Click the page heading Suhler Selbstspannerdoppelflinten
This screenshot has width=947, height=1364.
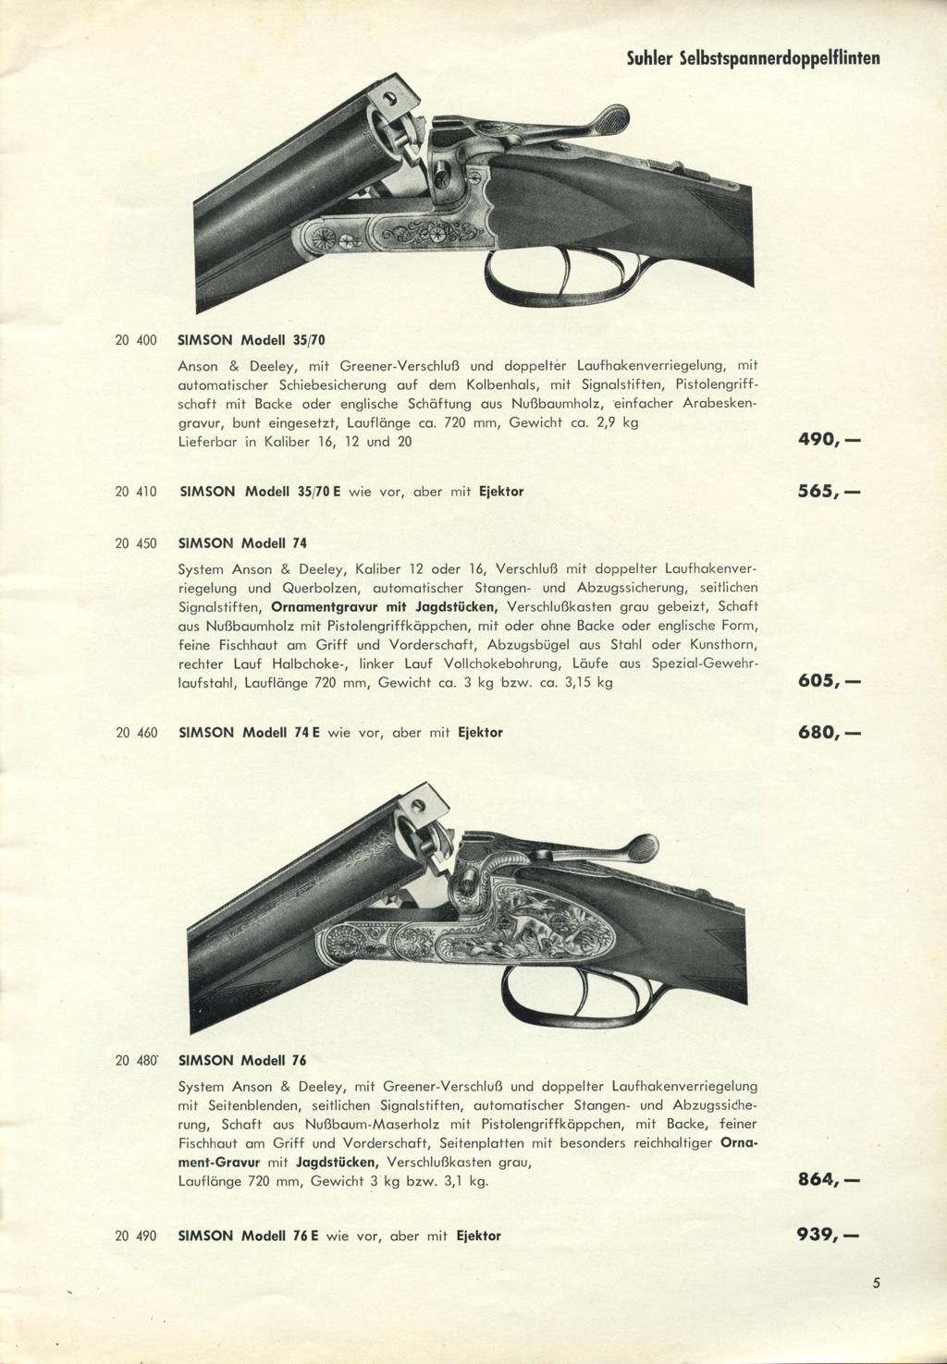[752, 59]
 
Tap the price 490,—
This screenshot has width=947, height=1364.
[829, 441]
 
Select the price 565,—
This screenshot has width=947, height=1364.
[829, 492]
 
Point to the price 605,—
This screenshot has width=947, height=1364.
[829, 683]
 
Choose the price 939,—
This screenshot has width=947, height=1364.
[829, 1235]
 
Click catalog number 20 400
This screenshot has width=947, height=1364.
[135, 340]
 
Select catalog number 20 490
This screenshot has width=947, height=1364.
[135, 1236]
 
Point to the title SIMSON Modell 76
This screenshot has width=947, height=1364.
[241, 1060]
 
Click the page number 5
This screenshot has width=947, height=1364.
[875, 1283]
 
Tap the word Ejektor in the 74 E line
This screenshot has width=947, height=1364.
[480, 733]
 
